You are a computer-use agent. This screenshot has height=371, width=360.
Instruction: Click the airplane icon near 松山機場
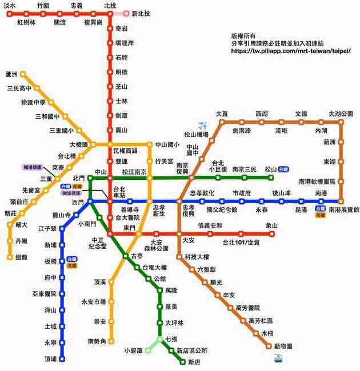(x=202, y=126)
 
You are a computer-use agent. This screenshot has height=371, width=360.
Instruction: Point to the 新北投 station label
(x=141, y=13)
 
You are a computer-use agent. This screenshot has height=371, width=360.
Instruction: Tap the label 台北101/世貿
(x=241, y=243)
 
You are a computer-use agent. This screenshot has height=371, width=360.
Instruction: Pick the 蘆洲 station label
(x=11, y=74)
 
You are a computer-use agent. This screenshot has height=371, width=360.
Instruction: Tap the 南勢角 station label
(x=97, y=341)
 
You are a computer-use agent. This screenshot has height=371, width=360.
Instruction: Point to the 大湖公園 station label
(x=341, y=114)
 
